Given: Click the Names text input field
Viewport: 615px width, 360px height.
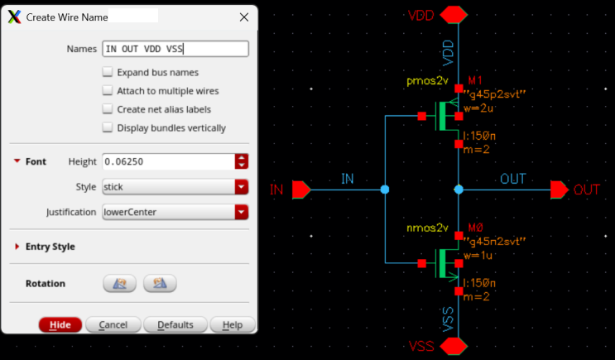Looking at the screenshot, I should (175, 49).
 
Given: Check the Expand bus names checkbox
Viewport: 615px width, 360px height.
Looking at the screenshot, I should (108, 73).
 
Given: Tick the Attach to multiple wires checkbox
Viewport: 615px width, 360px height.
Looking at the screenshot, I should (108, 91).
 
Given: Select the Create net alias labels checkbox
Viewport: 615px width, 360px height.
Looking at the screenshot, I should (108, 109).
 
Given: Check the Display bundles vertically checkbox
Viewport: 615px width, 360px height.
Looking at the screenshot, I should (108, 127).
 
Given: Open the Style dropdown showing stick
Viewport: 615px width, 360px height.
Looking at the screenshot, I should (175, 187).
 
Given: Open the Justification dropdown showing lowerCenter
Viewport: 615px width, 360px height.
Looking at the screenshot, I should (175, 212).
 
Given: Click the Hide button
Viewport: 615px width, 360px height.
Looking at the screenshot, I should (60, 324).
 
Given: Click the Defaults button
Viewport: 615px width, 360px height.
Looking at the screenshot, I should (175, 324).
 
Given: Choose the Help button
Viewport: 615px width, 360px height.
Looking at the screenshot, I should (232, 324).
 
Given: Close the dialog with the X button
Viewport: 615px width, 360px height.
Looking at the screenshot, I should (243, 17).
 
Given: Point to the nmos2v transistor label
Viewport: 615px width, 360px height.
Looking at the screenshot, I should (426, 228).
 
